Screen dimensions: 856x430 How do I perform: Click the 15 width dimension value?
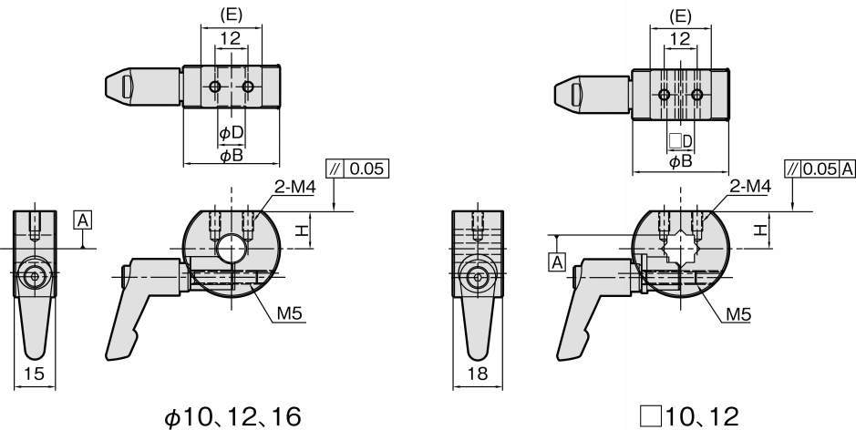[x=35, y=374]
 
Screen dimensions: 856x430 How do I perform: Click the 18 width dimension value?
[x=477, y=374]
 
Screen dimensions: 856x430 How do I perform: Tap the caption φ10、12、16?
[x=232, y=417]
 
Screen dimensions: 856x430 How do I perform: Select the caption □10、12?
[x=689, y=417]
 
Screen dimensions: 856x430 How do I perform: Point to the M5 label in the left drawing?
[x=290, y=313]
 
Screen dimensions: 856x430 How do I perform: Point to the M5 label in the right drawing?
[x=738, y=313]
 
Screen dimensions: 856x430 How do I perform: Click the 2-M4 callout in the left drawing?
[x=294, y=187]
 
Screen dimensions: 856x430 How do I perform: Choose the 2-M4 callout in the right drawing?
[x=750, y=187]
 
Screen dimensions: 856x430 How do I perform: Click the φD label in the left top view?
[x=231, y=133]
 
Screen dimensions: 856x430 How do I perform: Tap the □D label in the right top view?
[x=680, y=141]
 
